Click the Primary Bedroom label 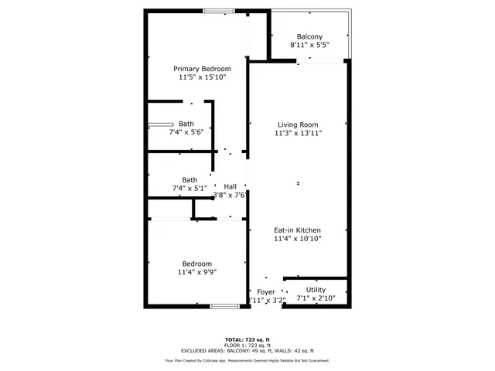202,69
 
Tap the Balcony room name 309,36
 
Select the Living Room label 298,124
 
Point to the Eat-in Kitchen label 298,230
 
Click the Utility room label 316,290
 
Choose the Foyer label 266,292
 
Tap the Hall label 230,186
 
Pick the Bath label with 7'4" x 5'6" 186,124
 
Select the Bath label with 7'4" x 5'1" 189,179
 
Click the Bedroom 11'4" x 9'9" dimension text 197,272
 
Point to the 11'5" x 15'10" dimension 202,77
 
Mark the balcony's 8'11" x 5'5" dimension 309,45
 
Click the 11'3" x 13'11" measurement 298,133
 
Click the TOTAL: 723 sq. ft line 247,340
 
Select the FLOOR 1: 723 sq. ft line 247,345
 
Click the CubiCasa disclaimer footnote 247,360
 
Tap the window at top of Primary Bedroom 220,10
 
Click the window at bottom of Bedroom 224,307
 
